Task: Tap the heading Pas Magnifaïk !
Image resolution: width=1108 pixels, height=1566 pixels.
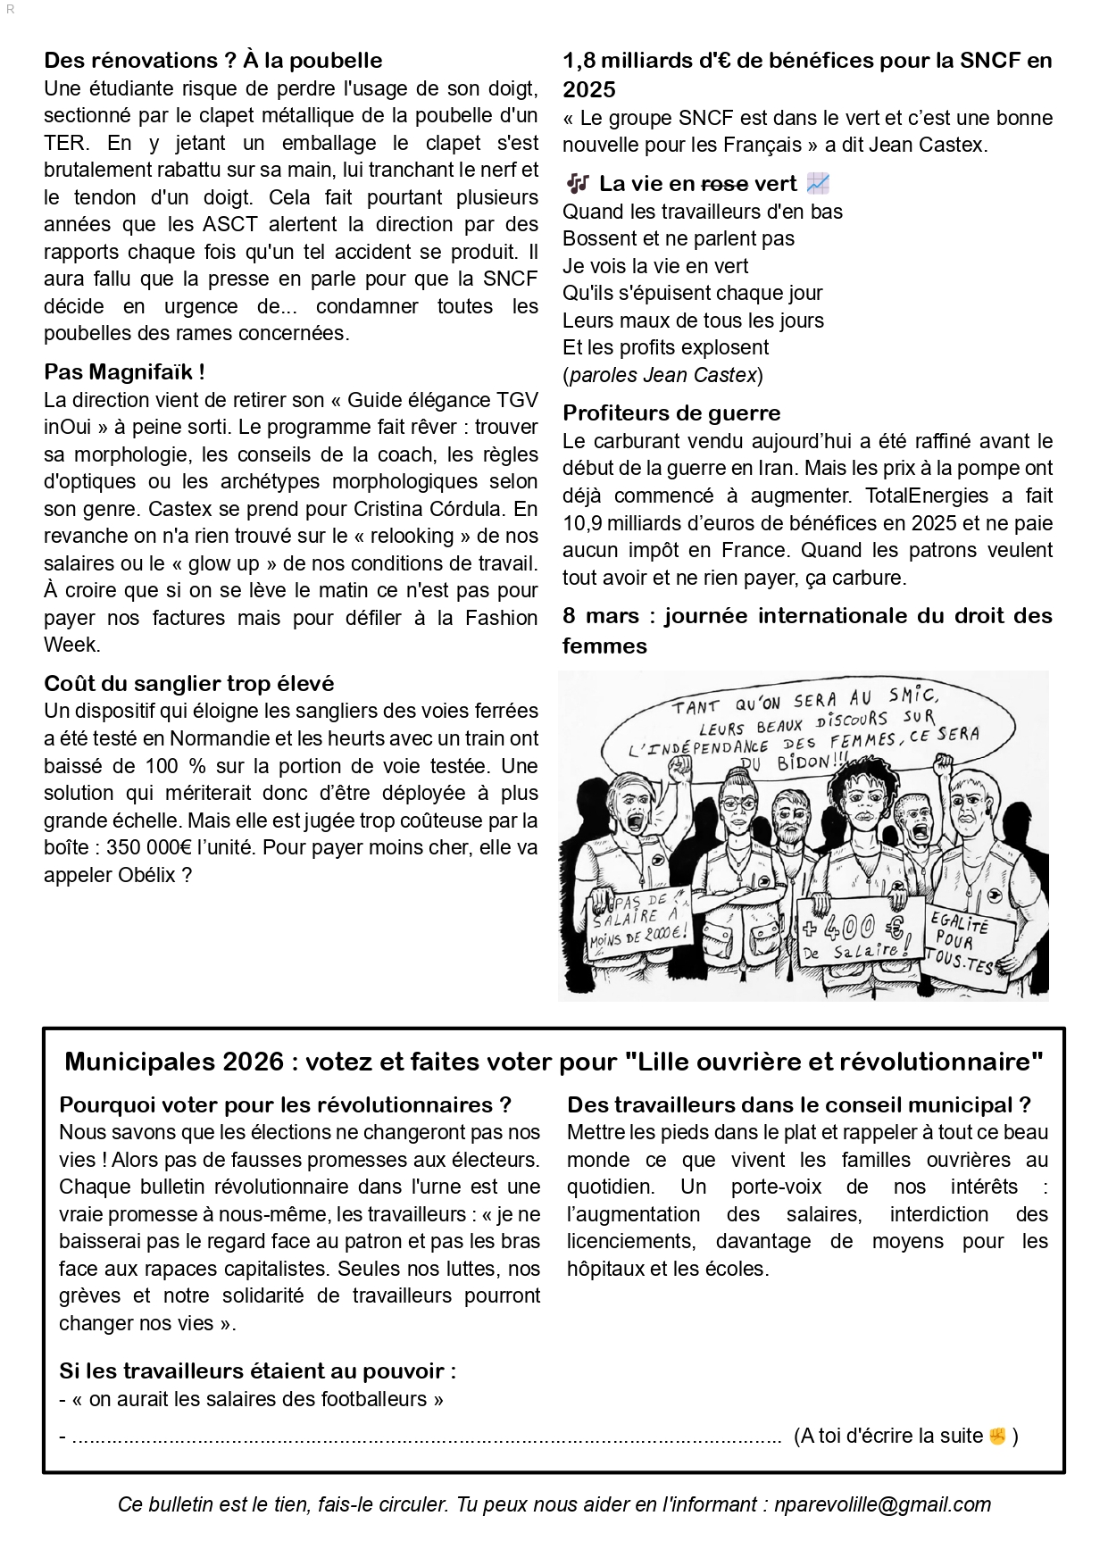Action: pos(124,372)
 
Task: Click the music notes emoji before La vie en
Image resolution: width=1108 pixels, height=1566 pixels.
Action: pos(578,184)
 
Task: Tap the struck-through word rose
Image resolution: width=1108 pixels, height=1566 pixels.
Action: pos(724,184)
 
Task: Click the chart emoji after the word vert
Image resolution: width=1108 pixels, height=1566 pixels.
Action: pos(818,184)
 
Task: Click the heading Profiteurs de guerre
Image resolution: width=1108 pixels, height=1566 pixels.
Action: pos(671,413)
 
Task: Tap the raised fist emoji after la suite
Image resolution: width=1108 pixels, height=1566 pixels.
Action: pos(997,1436)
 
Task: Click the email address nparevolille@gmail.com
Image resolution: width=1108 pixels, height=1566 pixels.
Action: pos(882,1504)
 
